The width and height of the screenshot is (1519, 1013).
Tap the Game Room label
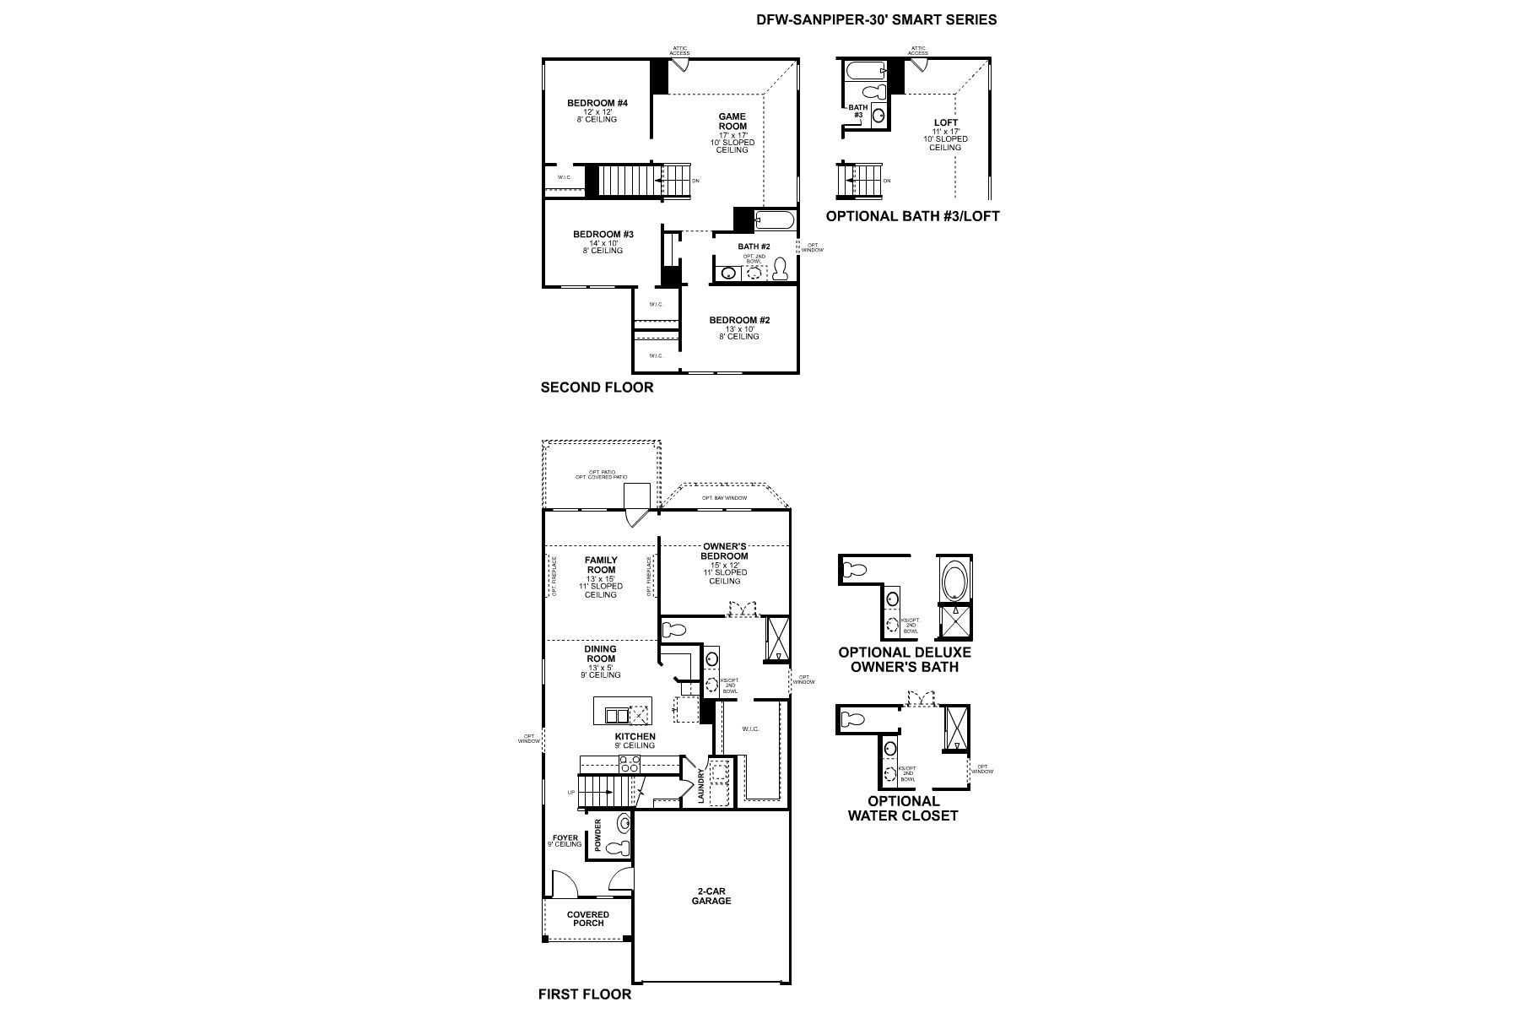click(x=732, y=122)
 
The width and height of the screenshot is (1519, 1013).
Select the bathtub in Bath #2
click(x=774, y=222)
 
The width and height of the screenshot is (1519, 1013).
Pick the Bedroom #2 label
click(x=738, y=321)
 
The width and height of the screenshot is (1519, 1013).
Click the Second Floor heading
click(x=597, y=388)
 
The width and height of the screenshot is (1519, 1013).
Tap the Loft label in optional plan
click(x=946, y=123)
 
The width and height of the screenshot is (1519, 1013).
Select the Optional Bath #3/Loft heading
click(x=912, y=216)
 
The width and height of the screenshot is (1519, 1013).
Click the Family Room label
click(x=601, y=565)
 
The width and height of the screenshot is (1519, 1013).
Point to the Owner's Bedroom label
click(x=724, y=551)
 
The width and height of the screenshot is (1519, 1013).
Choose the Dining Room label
click(x=600, y=654)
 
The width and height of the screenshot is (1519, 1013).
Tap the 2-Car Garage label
click(x=711, y=896)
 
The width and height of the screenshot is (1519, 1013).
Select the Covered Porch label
click(x=588, y=918)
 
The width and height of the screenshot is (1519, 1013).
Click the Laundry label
click(x=700, y=785)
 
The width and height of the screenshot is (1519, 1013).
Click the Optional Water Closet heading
click(x=903, y=808)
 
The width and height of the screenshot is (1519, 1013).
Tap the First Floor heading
click(x=585, y=994)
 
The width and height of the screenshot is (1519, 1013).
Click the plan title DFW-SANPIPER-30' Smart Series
click(x=877, y=19)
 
